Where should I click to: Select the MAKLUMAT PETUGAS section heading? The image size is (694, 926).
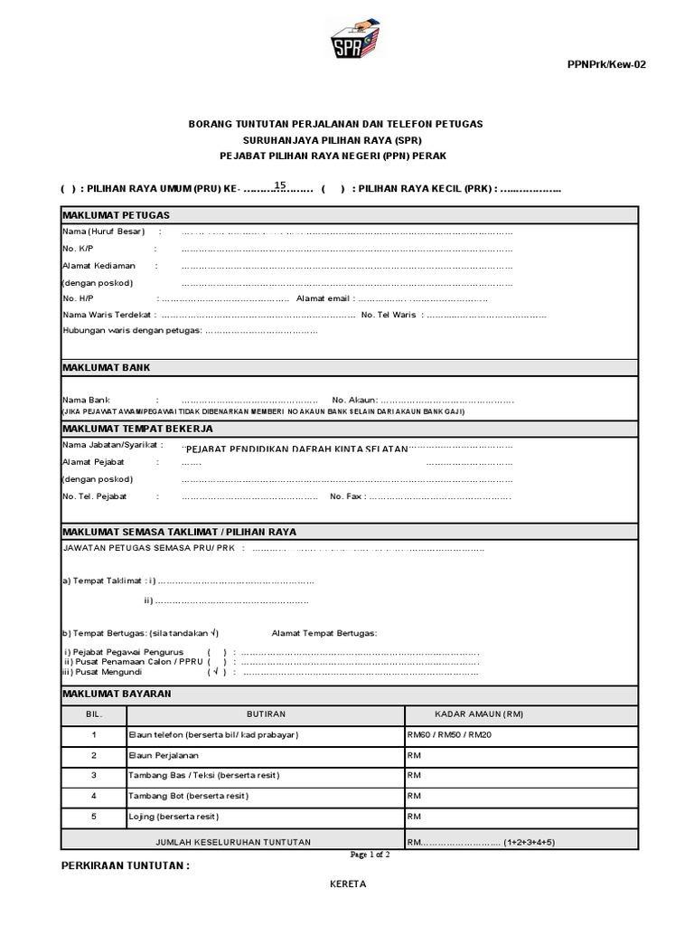pos(116,215)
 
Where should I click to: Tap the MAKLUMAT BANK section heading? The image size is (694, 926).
pos(106,368)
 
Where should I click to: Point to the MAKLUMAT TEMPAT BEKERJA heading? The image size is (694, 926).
pos(137,429)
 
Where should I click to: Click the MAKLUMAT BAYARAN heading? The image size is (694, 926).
pos(116,694)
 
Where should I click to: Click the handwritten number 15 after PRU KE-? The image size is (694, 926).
pos(280,185)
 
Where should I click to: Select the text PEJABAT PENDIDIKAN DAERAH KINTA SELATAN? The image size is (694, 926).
pos(297,449)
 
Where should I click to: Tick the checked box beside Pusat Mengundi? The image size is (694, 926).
pos(217,672)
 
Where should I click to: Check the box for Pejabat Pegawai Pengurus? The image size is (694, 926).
pos(217,652)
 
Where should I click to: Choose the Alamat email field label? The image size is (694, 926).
pos(322,298)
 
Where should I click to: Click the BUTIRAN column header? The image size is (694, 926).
pos(267,714)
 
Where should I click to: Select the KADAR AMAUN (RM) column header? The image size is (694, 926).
pos(479,714)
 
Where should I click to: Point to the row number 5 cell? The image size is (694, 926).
pos(93,817)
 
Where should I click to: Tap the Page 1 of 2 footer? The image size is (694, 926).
pos(370,854)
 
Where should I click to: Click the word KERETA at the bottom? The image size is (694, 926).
pos(347,883)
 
